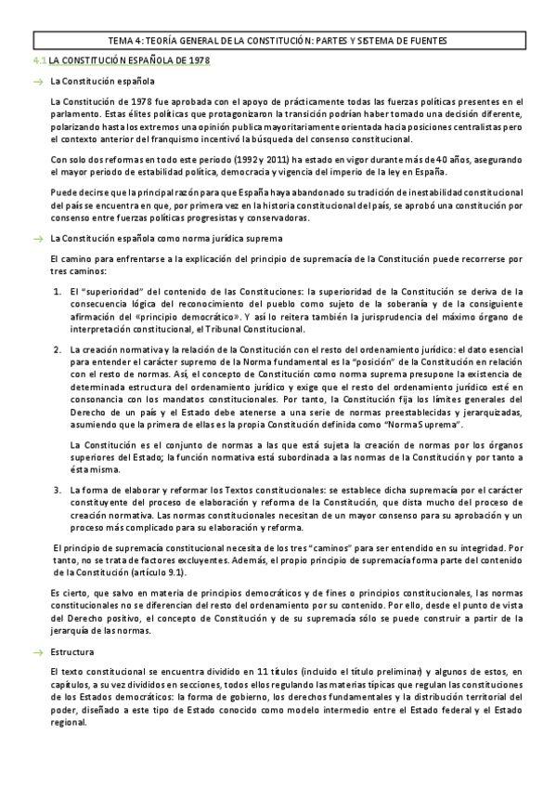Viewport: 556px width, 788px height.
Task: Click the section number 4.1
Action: click(38, 60)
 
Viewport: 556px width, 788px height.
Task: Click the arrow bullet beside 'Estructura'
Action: click(38, 652)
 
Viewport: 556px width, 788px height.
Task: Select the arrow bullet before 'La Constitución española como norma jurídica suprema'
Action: click(38, 239)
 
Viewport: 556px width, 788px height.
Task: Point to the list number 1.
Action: click(58, 291)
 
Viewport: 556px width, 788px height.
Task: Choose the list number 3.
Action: click(58, 488)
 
